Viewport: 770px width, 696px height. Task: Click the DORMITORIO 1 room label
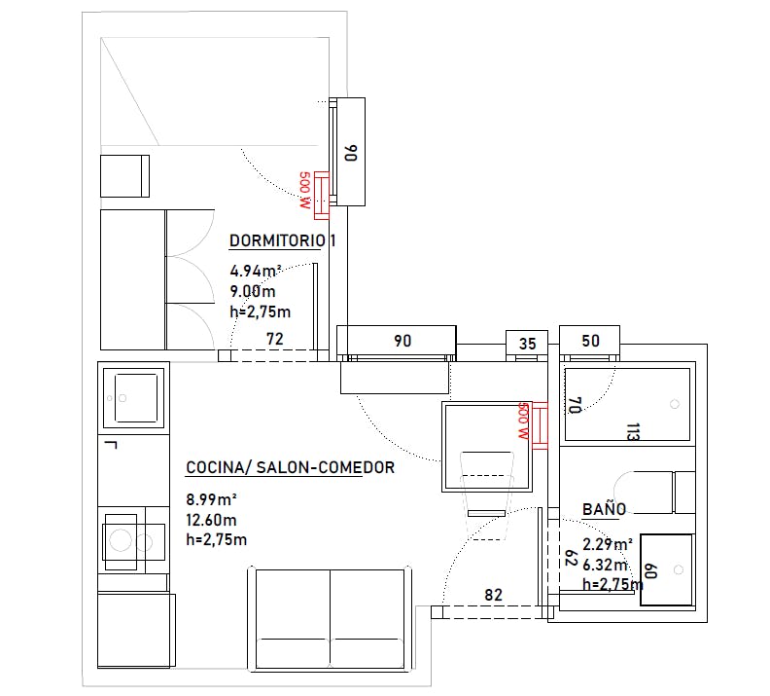pos(282,240)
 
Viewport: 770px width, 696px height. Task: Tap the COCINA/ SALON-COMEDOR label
pos(291,467)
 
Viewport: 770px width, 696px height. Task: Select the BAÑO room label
pos(604,509)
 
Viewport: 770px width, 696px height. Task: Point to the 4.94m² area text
pos(256,271)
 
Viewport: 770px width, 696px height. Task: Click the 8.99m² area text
pos(212,499)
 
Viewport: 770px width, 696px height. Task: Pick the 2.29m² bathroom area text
pos(608,544)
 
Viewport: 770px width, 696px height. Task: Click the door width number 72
pos(275,339)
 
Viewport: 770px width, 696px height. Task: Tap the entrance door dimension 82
pos(494,595)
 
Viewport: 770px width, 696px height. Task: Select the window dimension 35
pos(527,344)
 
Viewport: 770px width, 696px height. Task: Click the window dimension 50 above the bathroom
pos(590,341)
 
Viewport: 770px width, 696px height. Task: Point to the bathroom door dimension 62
pos(571,558)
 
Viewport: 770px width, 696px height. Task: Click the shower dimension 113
pos(634,431)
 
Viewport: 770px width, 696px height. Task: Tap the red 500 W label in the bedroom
pos(305,190)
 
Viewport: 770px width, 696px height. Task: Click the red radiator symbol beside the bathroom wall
pos(541,425)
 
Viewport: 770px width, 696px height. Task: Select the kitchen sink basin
pos(136,397)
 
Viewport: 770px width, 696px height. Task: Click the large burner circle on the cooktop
pos(121,540)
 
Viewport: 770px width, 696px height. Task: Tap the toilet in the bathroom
pos(654,493)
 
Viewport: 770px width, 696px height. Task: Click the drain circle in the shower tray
pos(675,404)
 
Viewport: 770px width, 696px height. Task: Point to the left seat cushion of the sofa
pos(294,618)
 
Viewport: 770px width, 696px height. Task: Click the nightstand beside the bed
pos(124,176)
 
